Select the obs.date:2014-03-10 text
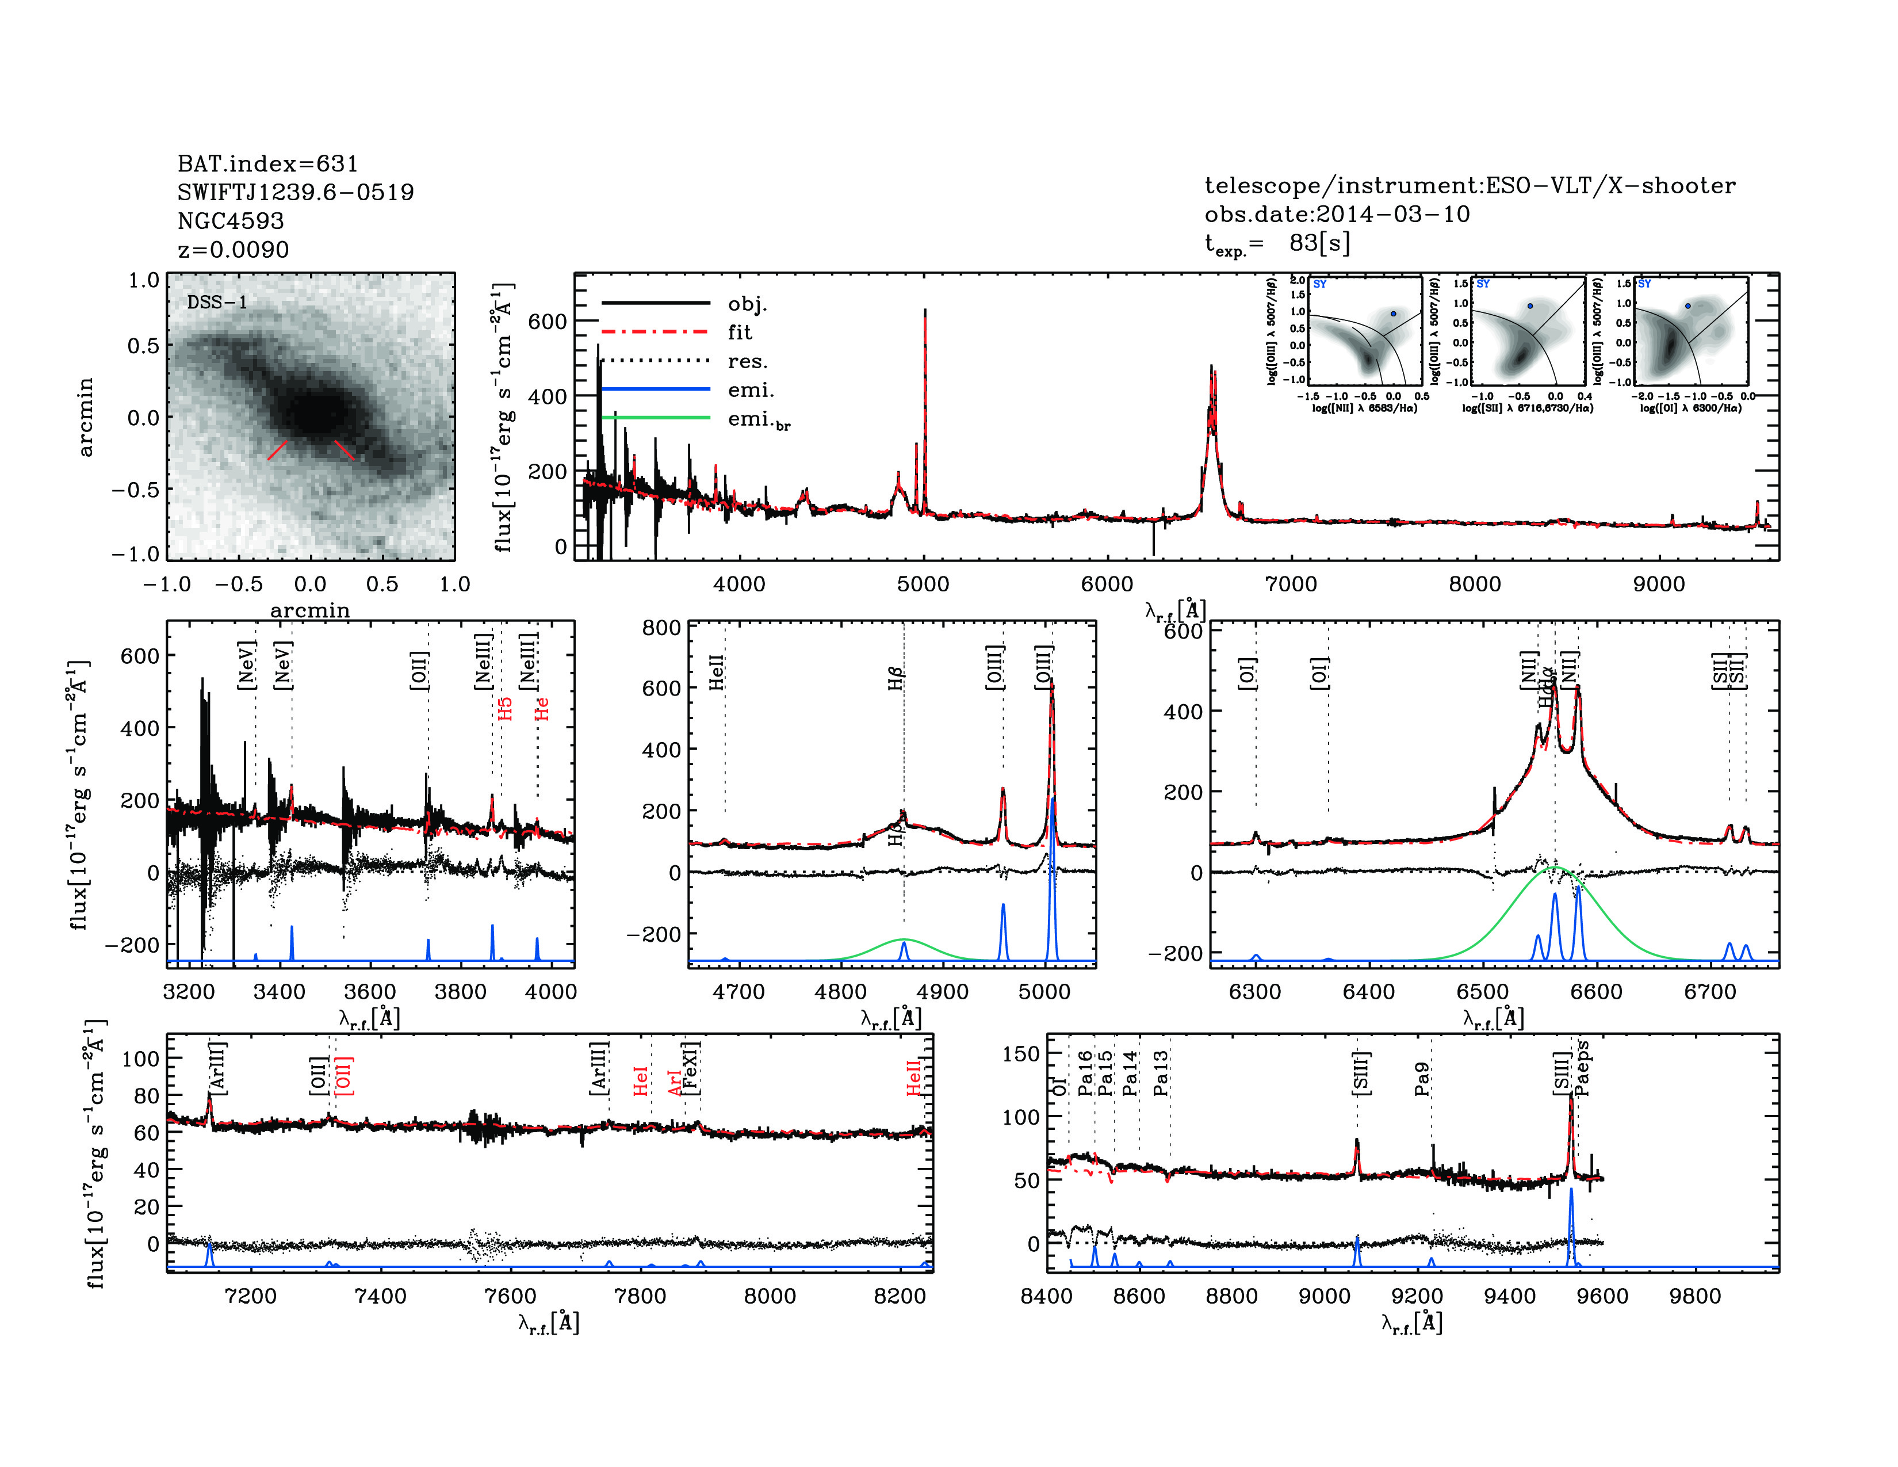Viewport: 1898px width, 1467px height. point(1337,214)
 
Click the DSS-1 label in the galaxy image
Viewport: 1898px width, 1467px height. point(217,303)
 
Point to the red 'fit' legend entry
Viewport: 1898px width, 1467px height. point(740,332)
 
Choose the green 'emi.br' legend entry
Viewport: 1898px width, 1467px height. point(758,420)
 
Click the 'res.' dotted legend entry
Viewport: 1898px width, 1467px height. point(747,361)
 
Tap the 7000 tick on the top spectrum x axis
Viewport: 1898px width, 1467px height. point(1291,583)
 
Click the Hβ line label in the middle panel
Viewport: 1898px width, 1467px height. point(896,678)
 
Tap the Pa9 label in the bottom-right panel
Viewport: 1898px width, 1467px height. point(1422,1079)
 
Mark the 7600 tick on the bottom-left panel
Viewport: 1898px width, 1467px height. point(511,1296)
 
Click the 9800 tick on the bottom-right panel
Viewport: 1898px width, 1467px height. point(1696,1296)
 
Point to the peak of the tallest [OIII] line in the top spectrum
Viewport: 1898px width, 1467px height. point(925,310)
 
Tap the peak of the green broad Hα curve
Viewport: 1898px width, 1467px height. point(1556,868)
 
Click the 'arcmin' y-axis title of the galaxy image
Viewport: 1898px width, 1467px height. point(85,417)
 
